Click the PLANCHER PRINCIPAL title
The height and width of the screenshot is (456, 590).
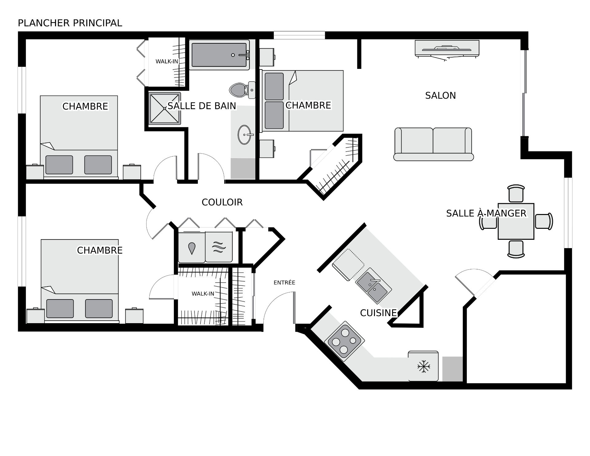click(70, 23)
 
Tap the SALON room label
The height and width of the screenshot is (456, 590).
click(440, 96)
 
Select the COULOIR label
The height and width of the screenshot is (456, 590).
click(222, 202)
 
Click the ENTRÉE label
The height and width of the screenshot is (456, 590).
click(284, 282)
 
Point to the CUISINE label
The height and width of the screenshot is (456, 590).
click(378, 313)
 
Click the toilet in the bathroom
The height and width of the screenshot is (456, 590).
click(242, 90)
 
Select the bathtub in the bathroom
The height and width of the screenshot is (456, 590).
click(219, 55)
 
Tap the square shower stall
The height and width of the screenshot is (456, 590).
click(165, 109)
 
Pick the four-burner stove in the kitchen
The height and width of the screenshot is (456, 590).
click(344, 341)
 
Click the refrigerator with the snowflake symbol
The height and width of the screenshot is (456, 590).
click(423, 366)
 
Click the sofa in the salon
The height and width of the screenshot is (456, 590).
click(434, 144)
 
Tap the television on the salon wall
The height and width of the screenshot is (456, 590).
click(447, 49)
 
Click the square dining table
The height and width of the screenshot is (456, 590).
click(516, 221)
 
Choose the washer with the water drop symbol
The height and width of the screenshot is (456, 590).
click(192, 247)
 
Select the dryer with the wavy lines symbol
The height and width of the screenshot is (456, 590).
click(219, 247)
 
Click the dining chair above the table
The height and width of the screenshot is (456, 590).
click(516, 193)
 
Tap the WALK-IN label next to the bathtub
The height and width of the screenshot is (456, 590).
click(167, 61)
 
